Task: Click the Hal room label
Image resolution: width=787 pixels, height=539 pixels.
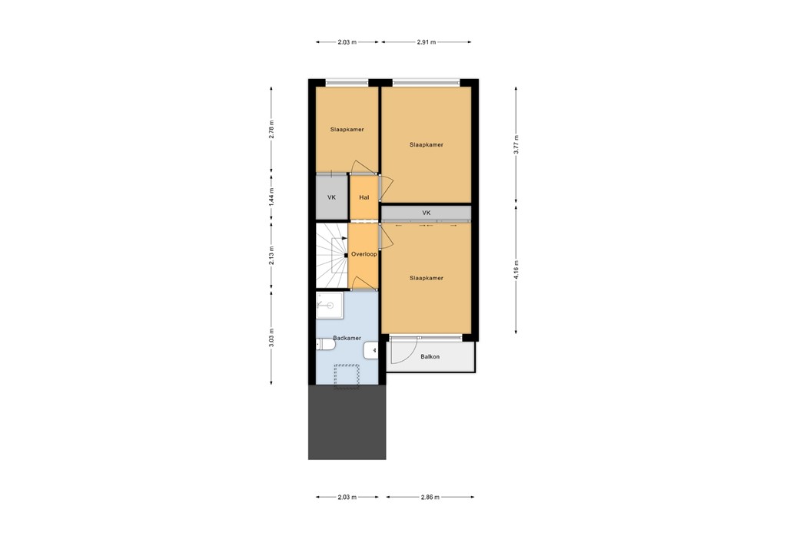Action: pyautogui.click(x=364, y=197)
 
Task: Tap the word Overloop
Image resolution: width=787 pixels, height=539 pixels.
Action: pyautogui.click(x=364, y=254)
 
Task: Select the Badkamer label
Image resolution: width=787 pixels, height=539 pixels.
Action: pyautogui.click(x=347, y=338)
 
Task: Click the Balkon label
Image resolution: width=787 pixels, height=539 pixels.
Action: pyautogui.click(x=430, y=356)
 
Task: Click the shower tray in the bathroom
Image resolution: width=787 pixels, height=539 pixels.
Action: pyautogui.click(x=330, y=305)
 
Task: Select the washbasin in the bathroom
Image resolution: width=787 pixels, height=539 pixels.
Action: pyautogui.click(x=372, y=350)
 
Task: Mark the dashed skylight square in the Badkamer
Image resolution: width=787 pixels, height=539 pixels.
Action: pyautogui.click(x=347, y=376)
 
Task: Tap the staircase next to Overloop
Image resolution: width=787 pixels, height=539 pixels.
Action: pyautogui.click(x=331, y=253)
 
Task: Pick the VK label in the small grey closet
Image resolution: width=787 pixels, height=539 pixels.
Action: pyautogui.click(x=331, y=197)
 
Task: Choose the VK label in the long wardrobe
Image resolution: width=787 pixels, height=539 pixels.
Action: pyautogui.click(x=426, y=213)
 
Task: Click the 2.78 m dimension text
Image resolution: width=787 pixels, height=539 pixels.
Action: pyautogui.click(x=271, y=128)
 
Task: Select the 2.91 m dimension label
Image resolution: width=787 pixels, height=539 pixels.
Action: pyautogui.click(x=426, y=42)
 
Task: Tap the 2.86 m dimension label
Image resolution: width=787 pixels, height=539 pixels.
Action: pyautogui.click(x=430, y=498)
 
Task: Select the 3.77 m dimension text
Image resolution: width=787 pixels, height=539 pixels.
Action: pyautogui.click(x=516, y=144)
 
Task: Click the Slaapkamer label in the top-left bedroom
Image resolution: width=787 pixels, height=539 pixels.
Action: pyautogui.click(x=347, y=129)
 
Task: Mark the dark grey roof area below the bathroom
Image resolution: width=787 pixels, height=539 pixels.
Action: pyautogui.click(x=347, y=422)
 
